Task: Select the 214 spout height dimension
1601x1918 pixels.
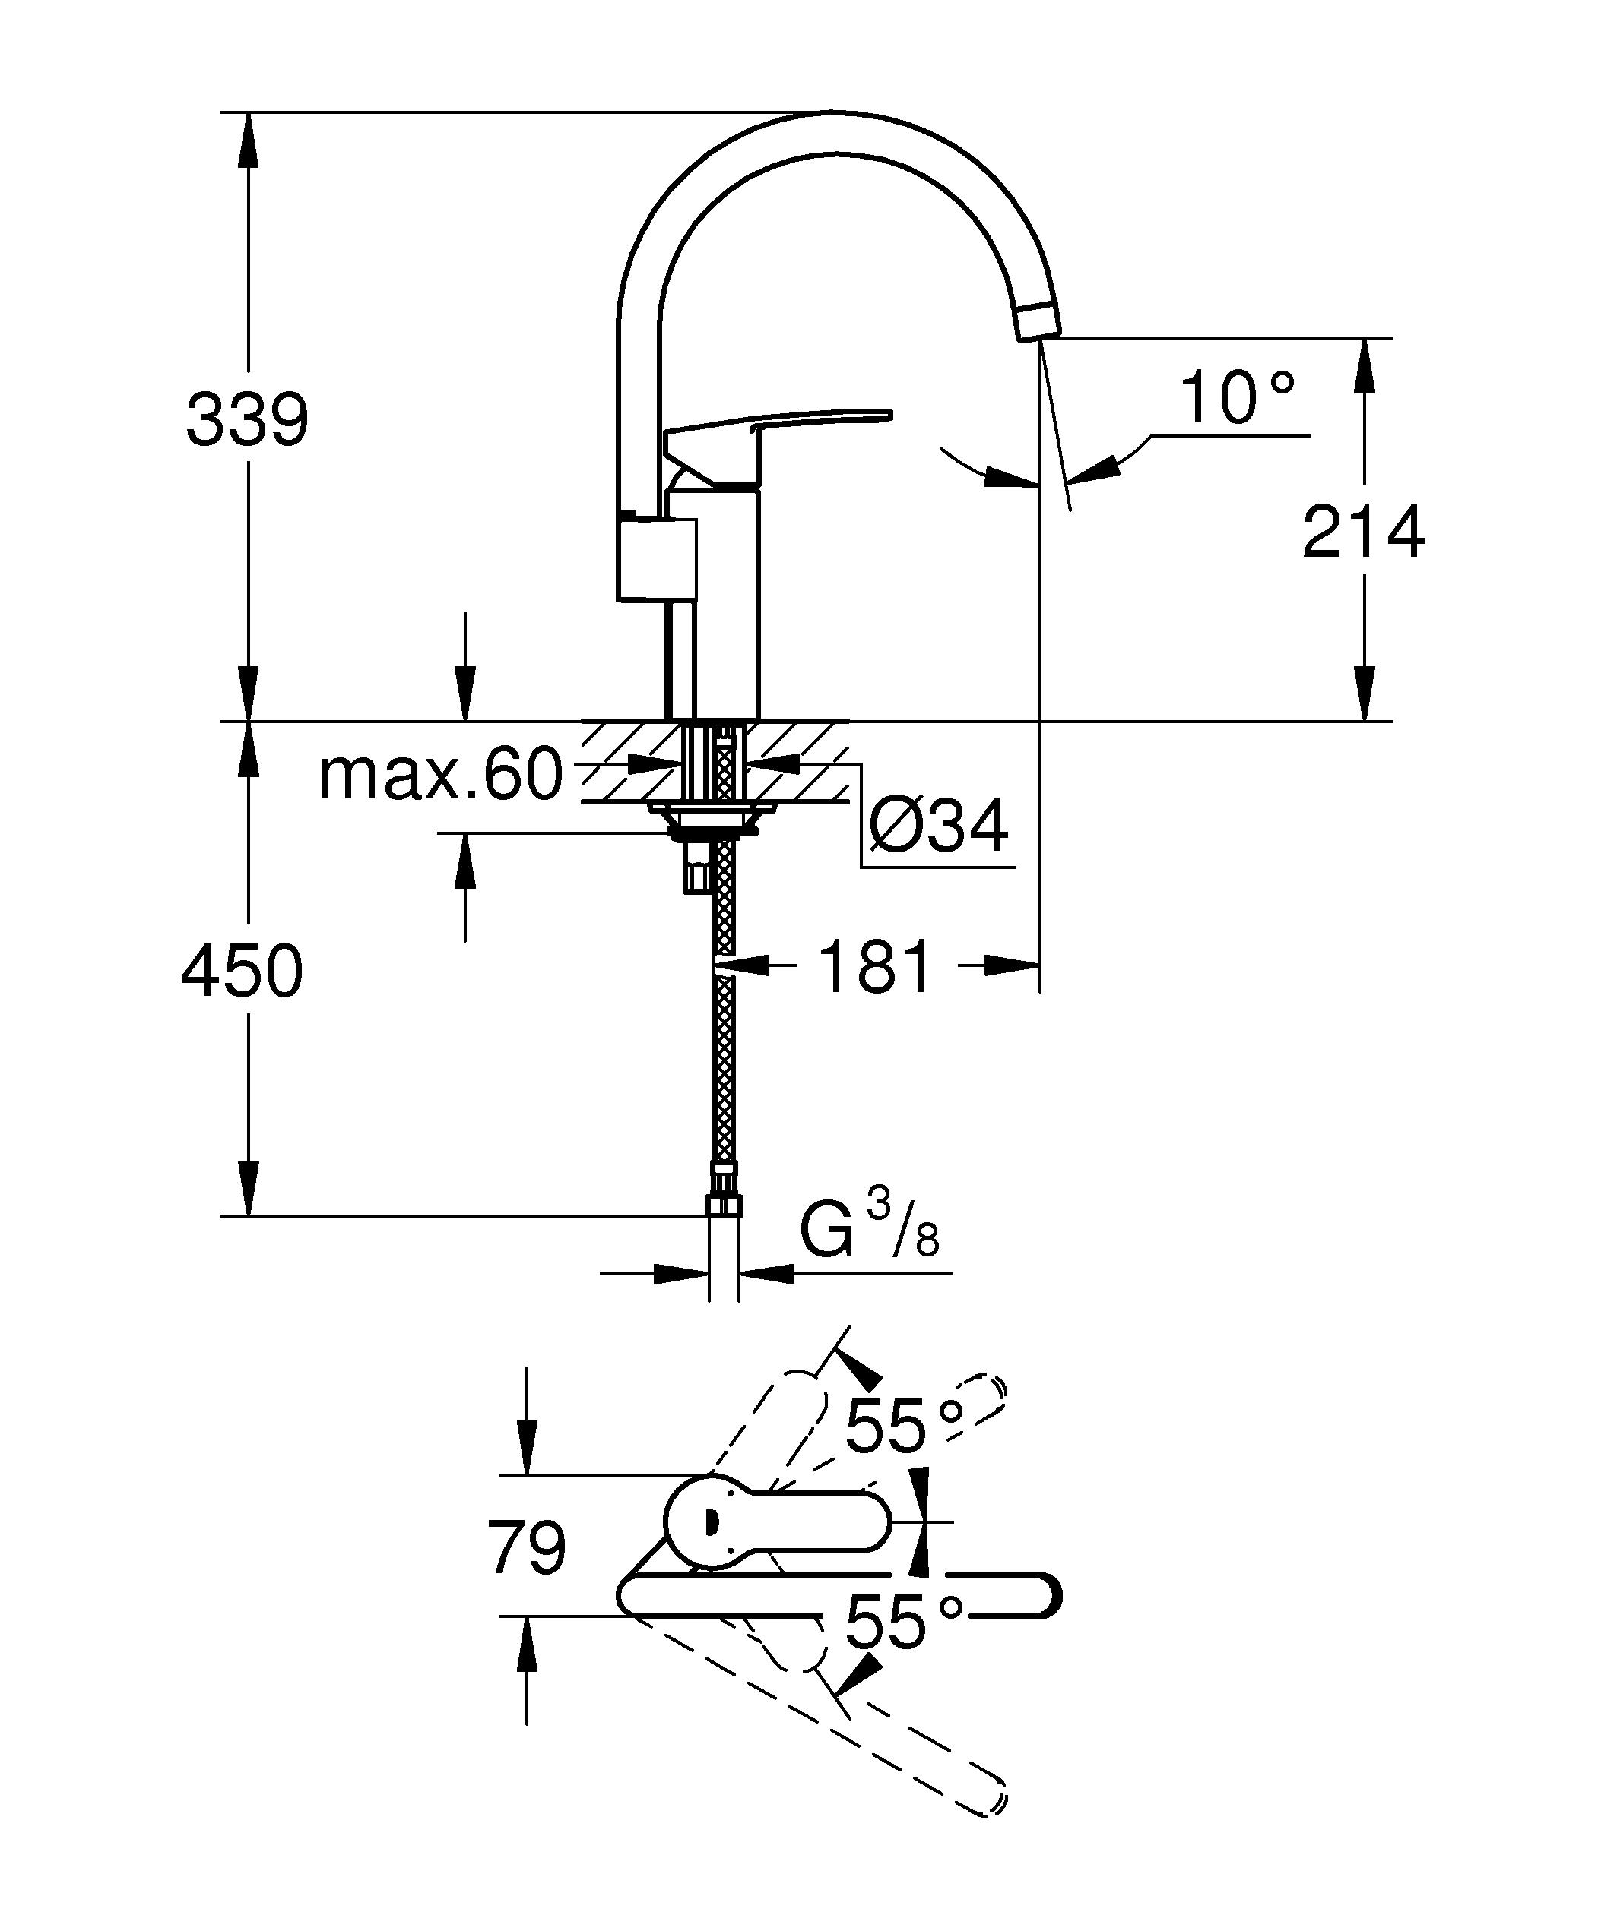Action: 1362,532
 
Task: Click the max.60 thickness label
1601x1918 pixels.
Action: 440,776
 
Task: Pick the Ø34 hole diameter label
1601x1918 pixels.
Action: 939,826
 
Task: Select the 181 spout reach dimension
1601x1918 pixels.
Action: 876,966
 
